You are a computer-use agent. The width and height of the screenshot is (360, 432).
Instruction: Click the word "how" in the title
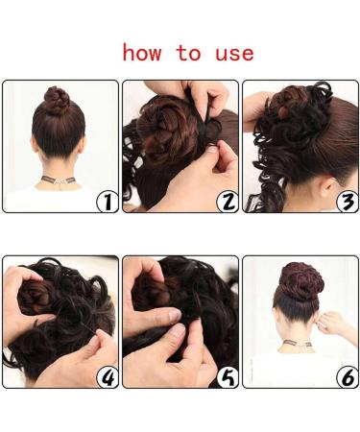[142, 53]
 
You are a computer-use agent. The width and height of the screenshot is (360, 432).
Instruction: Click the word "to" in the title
[188, 53]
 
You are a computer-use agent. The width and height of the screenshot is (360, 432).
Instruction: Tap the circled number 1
[108, 201]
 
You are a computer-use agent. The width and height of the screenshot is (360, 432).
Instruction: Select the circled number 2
[228, 201]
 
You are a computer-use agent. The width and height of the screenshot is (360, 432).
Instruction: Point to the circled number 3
[348, 201]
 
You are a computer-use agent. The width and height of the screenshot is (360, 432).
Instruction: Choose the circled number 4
[108, 377]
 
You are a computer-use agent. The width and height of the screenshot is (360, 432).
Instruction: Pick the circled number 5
[228, 377]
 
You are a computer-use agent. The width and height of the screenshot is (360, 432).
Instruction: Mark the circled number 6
[348, 377]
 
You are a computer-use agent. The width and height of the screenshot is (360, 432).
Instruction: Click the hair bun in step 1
[57, 99]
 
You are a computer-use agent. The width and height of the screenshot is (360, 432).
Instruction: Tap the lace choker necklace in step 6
[298, 345]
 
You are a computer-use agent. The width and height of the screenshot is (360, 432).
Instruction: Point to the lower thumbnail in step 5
[178, 330]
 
